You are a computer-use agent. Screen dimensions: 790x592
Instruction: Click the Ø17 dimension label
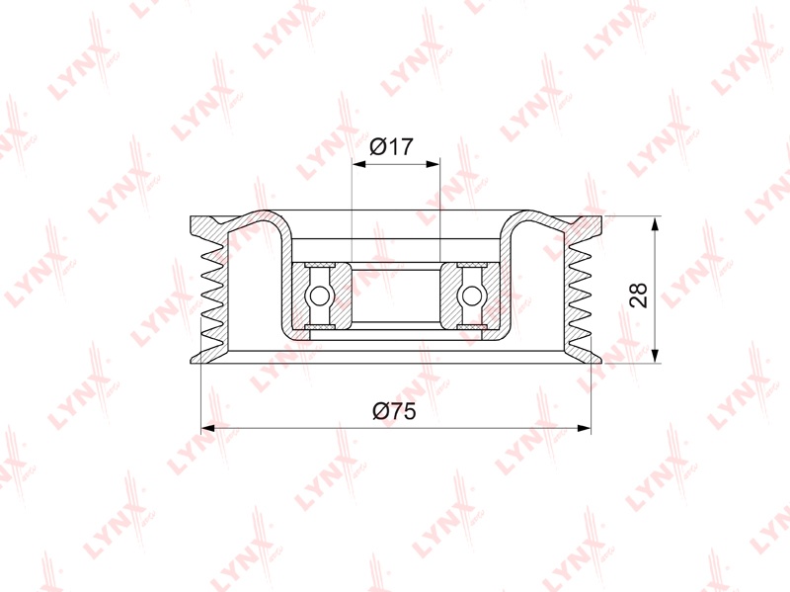[391, 146]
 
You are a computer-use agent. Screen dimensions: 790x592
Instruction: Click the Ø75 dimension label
[394, 411]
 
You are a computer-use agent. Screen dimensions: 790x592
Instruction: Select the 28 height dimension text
[638, 295]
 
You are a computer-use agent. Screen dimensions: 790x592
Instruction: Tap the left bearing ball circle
[319, 296]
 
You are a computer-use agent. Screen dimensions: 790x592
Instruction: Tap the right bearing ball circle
[472, 296]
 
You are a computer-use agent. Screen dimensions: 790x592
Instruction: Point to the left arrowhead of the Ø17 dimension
[358, 164]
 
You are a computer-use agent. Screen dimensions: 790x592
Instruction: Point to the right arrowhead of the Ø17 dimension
[434, 164]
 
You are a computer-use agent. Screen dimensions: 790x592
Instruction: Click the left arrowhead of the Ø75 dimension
[208, 428]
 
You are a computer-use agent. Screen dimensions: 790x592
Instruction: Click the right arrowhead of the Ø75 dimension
[584, 428]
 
